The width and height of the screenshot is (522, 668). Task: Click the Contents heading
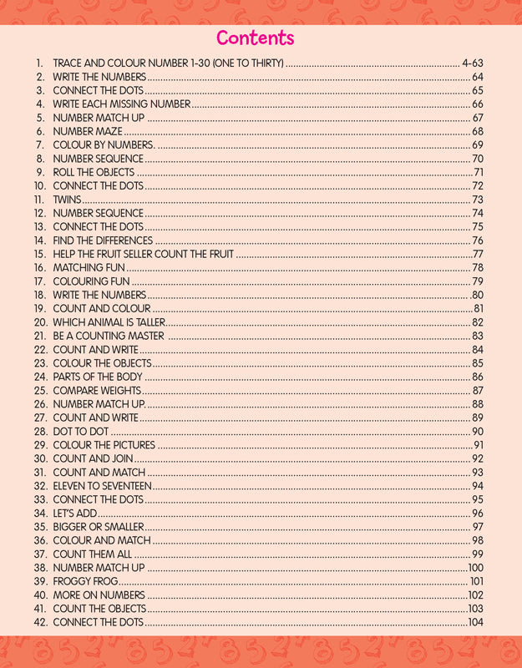coord(256,38)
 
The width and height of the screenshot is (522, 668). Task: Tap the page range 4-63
coord(473,63)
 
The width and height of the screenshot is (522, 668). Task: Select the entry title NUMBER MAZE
coord(88,131)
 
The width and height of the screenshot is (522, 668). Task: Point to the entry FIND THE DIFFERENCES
coord(103,240)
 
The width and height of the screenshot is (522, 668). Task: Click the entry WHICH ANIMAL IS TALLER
coord(108,322)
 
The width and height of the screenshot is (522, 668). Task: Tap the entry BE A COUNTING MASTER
coord(105,336)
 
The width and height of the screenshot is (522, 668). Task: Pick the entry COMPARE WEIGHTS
coord(98,390)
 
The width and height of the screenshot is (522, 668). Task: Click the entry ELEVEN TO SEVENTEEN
coord(103,486)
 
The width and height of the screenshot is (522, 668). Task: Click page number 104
coord(476,623)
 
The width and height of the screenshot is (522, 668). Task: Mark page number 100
coord(476,568)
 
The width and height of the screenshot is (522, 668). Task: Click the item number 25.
coord(40,390)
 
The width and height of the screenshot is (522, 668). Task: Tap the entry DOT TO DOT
coord(81,431)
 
